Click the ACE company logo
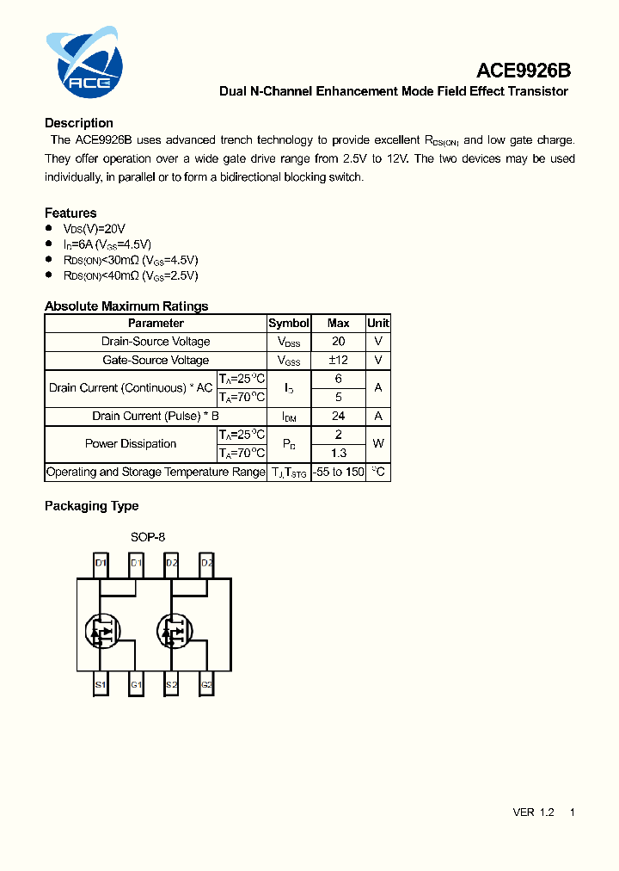point(84,63)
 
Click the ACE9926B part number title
point(524,71)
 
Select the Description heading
point(79,123)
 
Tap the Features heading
point(70,213)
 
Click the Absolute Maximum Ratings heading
point(126,306)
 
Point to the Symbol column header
point(289,323)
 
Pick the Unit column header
point(378,323)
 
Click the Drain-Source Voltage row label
point(156,342)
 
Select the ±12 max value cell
point(339,360)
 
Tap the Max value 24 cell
point(339,416)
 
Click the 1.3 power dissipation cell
point(339,453)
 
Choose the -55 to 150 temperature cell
point(339,472)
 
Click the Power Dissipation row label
point(131,443)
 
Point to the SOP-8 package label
point(148,537)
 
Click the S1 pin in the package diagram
point(101,685)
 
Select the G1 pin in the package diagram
point(136,685)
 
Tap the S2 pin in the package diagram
point(171,685)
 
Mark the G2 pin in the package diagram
point(206,685)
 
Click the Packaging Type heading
point(91,506)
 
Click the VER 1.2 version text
point(533,812)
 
